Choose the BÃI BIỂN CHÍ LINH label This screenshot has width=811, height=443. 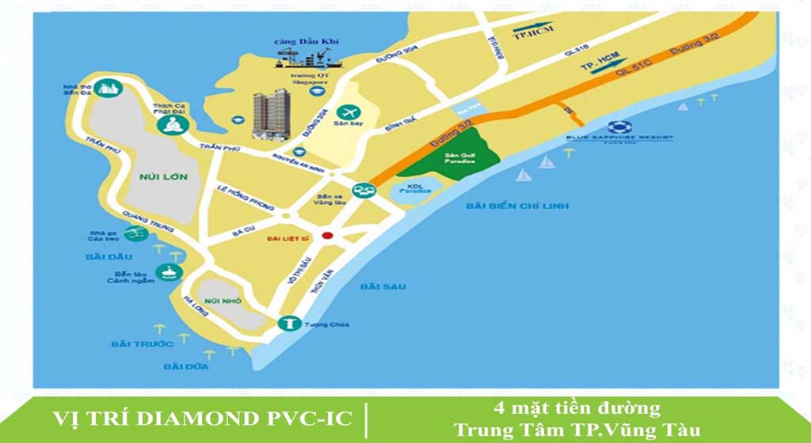click(x=518, y=206)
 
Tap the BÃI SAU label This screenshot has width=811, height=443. click(x=383, y=286)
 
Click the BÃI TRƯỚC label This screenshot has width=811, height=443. click(x=143, y=343)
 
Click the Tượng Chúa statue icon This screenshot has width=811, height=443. click(x=288, y=324)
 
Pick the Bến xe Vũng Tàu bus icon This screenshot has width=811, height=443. click(x=364, y=191)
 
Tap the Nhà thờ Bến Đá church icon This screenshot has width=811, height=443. click(x=106, y=89)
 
